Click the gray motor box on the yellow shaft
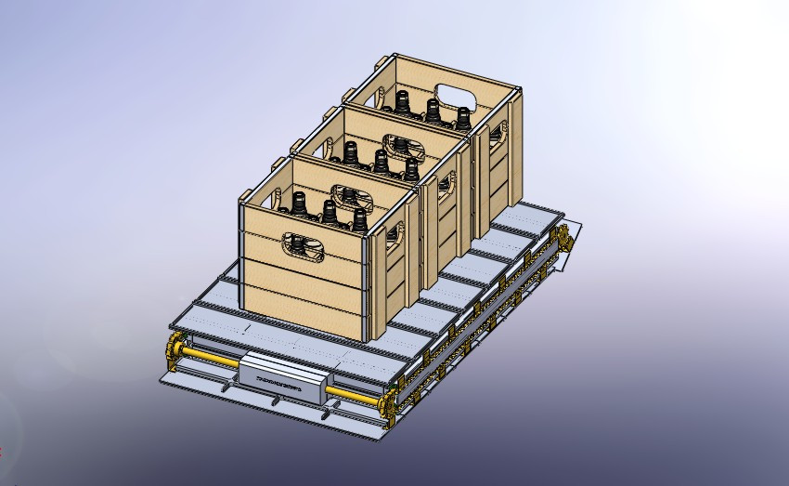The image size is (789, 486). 283,381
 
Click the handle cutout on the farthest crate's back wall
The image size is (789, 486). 454,96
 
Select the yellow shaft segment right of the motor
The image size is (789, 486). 353,396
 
